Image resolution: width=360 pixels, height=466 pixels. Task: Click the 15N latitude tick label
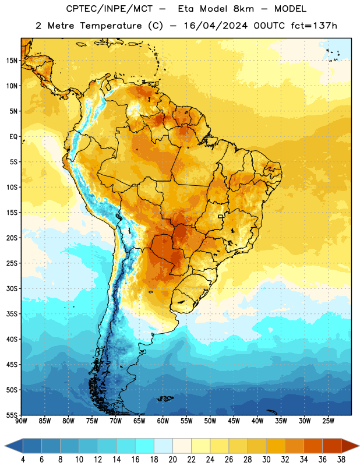[x=12, y=61]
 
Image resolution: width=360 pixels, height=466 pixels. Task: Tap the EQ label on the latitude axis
[x=13, y=137]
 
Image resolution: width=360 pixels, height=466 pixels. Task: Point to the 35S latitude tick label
[x=12, y=314]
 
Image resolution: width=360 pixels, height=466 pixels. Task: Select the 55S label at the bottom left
[x=12, y=415]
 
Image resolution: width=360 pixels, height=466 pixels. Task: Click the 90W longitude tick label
[x=21, y=421]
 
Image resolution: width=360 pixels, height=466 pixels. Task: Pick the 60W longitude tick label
[x=163, y=421]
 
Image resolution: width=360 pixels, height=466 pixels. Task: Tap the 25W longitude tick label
[x=328, y=421]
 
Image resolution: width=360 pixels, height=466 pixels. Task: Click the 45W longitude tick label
[x=234, y=421]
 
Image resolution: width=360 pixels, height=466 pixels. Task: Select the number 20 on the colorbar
[x=172, y=460]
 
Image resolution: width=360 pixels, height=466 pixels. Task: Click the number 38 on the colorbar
[x=341, y=460]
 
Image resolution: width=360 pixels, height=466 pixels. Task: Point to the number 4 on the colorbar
[x=23, y=460]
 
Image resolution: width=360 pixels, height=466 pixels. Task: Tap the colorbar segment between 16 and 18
[x=145, y=446]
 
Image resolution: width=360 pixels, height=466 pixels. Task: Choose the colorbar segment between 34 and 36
[x=313, y=446]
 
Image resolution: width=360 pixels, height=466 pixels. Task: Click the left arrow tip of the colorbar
[x=5, y=446]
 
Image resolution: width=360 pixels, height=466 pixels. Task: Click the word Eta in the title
[x=186, y=9]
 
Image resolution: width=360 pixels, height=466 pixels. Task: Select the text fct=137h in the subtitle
[x=314, y=26]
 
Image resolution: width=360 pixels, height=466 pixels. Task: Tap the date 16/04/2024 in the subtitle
[x=216, y=26]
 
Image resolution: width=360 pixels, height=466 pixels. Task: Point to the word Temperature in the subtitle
[x=111, y=26]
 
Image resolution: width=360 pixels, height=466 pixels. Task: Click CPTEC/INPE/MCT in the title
[x=110, y=9]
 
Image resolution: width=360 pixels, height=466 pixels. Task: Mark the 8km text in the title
[x=243, y=9]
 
